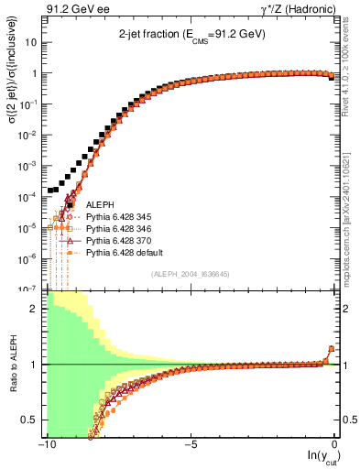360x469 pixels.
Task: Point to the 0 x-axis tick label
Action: [334, 444]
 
